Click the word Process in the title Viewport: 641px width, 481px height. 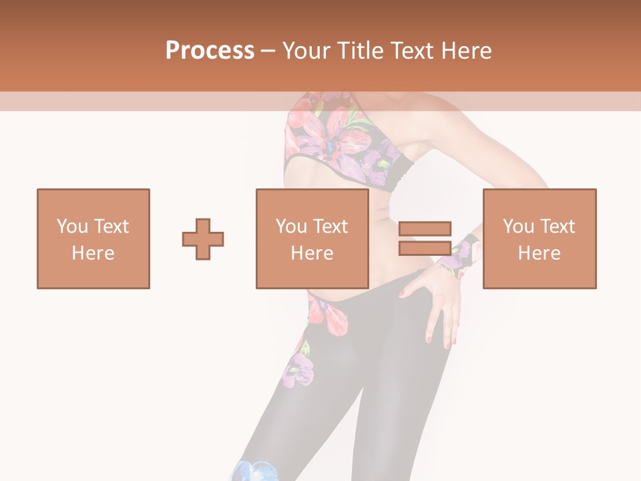coord(210,50)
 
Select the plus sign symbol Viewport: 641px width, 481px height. coord(203,239)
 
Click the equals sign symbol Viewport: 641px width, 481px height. coord(425,238)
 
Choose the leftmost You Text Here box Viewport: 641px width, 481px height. coord(93,238)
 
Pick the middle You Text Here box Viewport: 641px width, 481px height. coord(312,238)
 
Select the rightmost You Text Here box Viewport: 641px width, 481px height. coord(539,238)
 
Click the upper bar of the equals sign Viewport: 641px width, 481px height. coord(425,229)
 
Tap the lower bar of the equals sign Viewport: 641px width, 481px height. coord(425,248)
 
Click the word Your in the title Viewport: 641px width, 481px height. coord(305,51)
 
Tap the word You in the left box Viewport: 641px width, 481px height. coord(72,226)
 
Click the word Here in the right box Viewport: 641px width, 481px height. coord(539,253)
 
